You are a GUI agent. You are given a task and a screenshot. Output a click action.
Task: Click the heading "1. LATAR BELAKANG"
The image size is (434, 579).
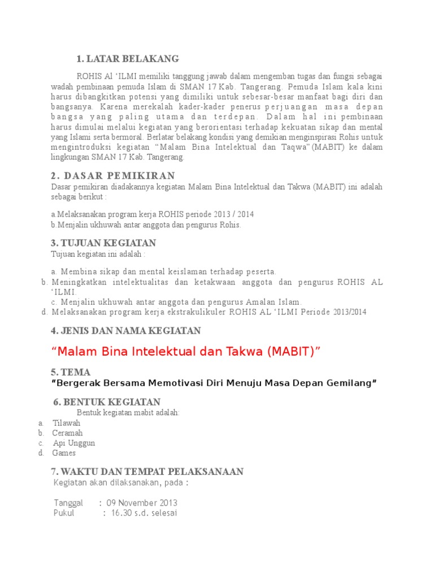tap(128, 59)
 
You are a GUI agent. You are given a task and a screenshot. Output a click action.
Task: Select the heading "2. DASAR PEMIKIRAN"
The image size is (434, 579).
tap(113, 176)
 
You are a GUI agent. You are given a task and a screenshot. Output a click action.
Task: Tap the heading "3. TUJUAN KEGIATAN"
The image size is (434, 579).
tap(103, 243)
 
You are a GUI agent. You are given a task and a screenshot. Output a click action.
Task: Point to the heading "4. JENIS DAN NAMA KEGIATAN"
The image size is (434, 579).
tap(125, 331)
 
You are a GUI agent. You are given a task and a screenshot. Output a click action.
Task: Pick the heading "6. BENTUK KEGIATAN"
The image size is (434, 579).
tap(107, 402)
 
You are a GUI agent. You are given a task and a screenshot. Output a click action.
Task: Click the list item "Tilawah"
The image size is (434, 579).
tap(66, 423)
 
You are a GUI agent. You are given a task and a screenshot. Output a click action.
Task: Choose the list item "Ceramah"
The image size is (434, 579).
tap(67, 433)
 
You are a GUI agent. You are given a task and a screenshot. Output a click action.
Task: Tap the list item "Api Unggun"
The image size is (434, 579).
tap(73, 443)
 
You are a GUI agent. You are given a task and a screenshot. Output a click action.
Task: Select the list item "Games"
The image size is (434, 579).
tap(64, 453)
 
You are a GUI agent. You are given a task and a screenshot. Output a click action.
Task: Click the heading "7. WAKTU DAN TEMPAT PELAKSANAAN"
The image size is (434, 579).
tap(147, 472)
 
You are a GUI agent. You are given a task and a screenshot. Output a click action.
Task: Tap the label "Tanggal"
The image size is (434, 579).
tap(68, 503)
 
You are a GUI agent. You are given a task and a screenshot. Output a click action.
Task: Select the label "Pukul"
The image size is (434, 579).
tap(64, 513)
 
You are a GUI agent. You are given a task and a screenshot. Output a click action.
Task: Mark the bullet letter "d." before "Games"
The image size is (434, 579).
tap(41, 453)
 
